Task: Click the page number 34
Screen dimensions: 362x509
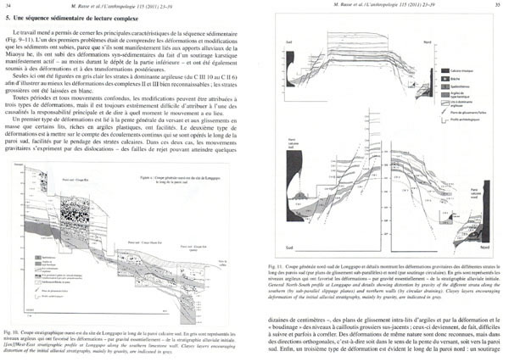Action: coord(7,6)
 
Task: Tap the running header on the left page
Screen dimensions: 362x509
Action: coord(126,6)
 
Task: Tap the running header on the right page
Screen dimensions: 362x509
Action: coord(383,6)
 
